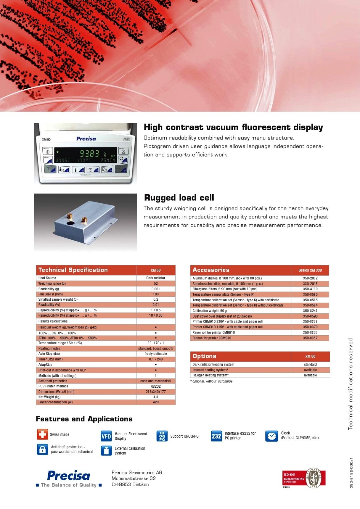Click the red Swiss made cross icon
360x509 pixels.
point(42,434)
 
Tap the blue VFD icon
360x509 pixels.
point(106,436)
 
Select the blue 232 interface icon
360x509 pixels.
point(217,436)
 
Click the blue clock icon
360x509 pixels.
point(271,436)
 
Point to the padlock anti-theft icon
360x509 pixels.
point(42,449)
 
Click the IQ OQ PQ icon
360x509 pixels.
point(162,436)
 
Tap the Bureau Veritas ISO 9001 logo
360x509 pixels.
point(304,479)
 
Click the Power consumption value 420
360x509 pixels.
point(156,402)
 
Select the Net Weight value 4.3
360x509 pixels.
point(156,397)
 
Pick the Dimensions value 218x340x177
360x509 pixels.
point(156,392)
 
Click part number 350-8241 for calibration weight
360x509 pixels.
point(310,311)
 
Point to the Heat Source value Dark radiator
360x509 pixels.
point(156,278)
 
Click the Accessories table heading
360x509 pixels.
point(211,270)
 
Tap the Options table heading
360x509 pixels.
point(204,356)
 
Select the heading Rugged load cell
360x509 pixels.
point(179,198)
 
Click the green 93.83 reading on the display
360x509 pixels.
point(90,153)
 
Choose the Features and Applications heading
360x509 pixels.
point(84,419)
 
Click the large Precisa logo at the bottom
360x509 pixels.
point(68,476)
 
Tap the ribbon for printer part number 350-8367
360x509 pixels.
point(310,338)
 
